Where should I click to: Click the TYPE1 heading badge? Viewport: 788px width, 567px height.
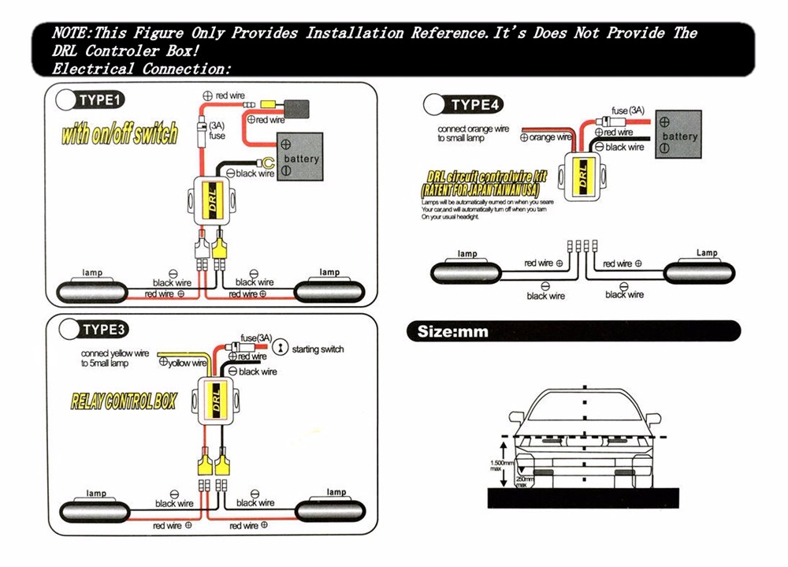point(93,100)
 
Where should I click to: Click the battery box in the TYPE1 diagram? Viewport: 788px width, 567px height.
point(299,159)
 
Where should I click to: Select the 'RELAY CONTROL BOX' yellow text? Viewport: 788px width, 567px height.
point(125,401)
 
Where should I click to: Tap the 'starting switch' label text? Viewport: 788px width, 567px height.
point(318,349)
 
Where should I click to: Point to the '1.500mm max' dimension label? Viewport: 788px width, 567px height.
point(501,466)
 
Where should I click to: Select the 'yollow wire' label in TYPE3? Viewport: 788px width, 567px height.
point(186,363)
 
